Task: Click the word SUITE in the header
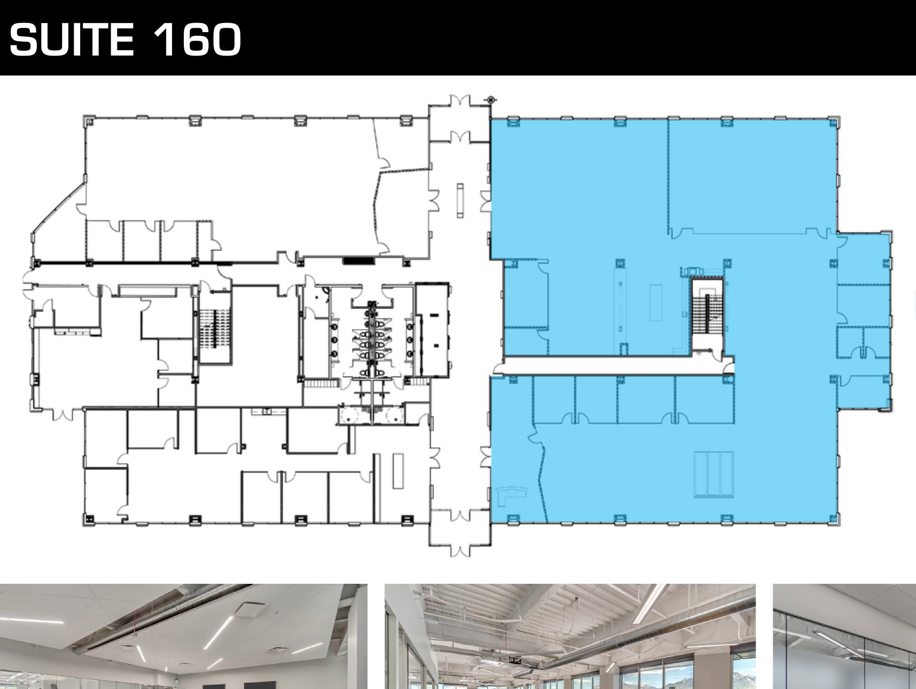tap(71, 40)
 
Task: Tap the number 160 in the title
tap(197, 40)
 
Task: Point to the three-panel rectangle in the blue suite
tap(713, 474)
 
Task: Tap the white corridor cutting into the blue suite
tap(615, 366)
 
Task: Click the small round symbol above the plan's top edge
tap(491, 99)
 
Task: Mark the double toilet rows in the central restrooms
tap(372, 338)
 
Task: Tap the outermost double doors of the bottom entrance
tap(460, 550)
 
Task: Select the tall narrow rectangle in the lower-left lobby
tap(397, 471)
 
